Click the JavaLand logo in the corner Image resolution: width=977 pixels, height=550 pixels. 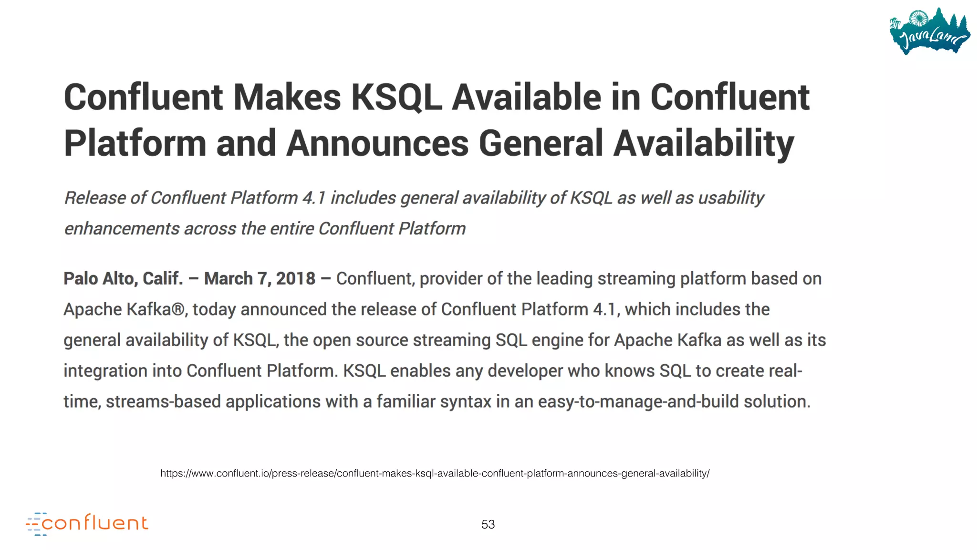pos(929,32)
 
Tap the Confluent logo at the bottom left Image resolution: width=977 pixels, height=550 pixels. pos(87,524)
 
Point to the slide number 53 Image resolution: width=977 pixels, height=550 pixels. pos(488,524)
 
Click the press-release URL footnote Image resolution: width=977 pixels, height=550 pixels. pos(435,473)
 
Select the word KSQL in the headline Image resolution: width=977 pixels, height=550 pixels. pos(396,97)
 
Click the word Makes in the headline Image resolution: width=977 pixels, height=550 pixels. pos(287,97)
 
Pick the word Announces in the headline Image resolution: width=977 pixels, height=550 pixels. pos(377,143)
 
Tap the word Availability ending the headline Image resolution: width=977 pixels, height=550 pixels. pos(704,143)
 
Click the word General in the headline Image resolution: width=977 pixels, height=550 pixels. pos(540,143)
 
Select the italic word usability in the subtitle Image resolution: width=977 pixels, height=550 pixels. pos(731,198)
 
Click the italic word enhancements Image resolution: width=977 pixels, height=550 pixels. pos(122,229)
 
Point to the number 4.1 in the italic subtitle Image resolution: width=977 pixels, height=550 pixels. pos(313,198)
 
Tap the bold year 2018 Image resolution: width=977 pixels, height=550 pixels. pos(295,278)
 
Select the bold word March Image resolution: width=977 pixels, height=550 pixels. pos(228,278)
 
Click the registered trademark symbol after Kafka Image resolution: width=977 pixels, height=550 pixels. pos(177,309)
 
